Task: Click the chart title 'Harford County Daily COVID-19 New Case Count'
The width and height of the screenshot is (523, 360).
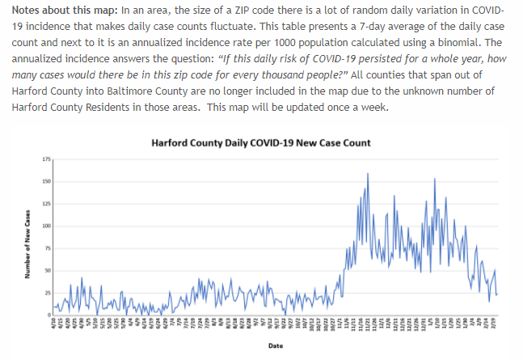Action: (261, 143)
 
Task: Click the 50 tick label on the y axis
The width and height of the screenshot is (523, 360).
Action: (46, 270)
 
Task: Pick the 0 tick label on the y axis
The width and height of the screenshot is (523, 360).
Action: (48, 314)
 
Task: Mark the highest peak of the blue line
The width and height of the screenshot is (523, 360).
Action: (369, 173)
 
